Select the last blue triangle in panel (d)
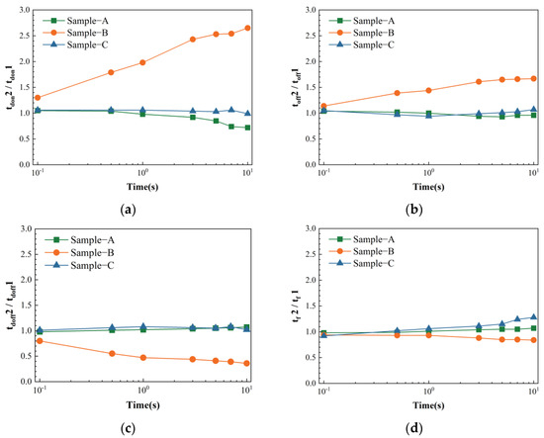click(533, 317)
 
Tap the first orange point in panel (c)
click(39, 341)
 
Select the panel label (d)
click(428, 431)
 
